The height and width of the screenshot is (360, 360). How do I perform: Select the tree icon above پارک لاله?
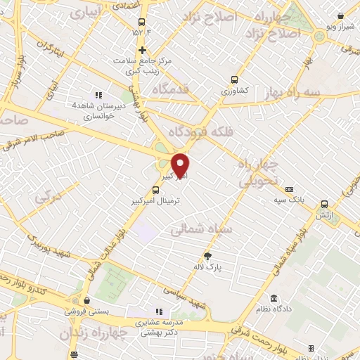(207, 255)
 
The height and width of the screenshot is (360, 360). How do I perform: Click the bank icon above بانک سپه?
(289, 188)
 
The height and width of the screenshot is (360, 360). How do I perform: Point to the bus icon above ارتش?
(324, 203)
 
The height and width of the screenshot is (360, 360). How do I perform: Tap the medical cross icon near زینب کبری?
(143, 50)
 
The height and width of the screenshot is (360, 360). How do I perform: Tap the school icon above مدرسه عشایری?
(158, 311)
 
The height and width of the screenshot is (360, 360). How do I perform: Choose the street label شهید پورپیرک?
(56, 251)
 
